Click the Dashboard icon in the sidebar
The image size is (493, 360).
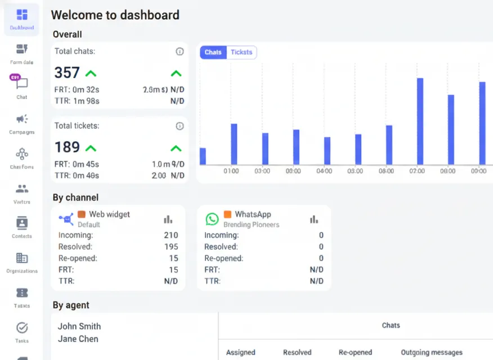coord(22,15)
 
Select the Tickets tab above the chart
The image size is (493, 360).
coord(241,52)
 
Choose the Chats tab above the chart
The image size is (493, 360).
coord(213,52)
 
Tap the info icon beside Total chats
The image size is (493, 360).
coord(180,51)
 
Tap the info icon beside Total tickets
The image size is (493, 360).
coord(180,126)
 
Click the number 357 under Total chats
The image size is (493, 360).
coord(67,73)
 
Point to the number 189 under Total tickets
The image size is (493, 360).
coord(67,147)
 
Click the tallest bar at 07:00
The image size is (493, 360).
coord(420,121)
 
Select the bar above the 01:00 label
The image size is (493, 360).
coord(234,144)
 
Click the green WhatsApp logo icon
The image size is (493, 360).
coord(212,219)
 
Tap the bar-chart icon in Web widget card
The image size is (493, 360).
coord(168,219)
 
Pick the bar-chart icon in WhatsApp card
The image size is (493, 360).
coord(313,219)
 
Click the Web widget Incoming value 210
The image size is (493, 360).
coord(171,235)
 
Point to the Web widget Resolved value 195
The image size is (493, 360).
coord(171,246)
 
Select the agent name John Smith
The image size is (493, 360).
coord(79,326)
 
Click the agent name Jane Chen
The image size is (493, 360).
coord(78,339)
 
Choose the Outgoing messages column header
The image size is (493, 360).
coord(432,353)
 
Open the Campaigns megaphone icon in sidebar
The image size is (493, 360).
coord(22,119)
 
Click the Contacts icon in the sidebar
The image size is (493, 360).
coord(22,223)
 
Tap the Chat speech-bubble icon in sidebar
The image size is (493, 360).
coord(22,84)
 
